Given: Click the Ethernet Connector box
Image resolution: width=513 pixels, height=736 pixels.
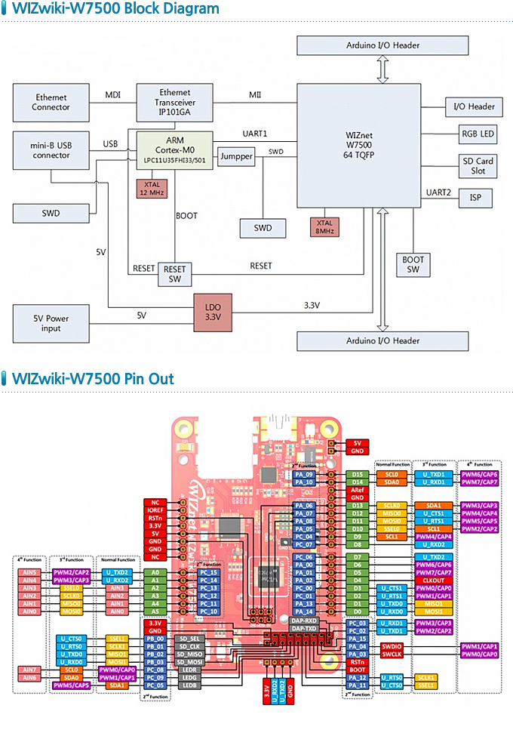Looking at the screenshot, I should tap(51, 103).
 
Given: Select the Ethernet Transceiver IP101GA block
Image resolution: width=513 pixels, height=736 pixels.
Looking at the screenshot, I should tap(174, 103).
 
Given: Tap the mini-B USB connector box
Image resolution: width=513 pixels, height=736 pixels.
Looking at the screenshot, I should tap(51, 149).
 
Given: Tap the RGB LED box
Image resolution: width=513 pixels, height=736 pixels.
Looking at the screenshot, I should tap(478, 135).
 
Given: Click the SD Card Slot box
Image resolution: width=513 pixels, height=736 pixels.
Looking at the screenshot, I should tap(478, 166).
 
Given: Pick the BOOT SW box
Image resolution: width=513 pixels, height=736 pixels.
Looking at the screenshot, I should tap(413, 264).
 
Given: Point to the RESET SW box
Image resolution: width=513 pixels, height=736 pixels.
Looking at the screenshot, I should tap(174, 273).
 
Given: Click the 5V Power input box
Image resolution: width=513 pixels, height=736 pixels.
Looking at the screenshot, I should tap(51, 323).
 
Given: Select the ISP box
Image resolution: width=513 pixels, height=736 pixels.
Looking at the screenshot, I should tap(475, 199).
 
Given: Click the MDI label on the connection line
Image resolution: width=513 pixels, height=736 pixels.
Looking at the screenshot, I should tap(112, 94).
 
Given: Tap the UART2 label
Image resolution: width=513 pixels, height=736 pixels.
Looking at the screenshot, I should tap(438, 193).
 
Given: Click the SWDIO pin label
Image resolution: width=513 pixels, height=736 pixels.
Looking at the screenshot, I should tap(392, 646).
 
